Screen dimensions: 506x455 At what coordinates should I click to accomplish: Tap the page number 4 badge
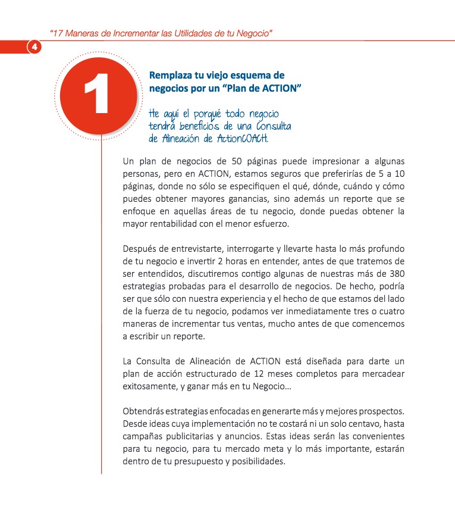34,47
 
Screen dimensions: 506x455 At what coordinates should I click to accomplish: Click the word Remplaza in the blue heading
173,76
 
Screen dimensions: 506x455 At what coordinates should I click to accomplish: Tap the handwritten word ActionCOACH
240,139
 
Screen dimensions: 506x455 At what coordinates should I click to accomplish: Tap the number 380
397,274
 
